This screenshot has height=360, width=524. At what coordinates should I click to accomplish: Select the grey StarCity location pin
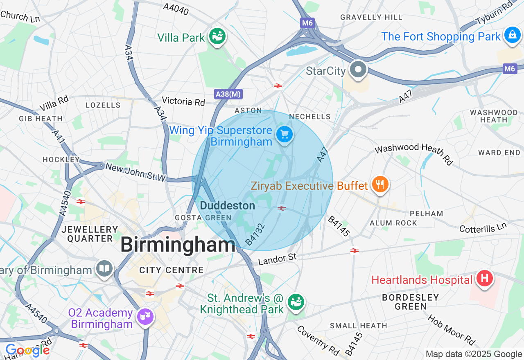[x=358, y=70]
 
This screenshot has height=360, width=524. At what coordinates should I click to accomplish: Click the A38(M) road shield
[x=228, y=94]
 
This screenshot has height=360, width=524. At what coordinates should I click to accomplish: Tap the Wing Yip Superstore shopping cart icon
[x=285, y=135]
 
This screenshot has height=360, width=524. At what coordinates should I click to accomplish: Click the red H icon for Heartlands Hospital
[x=485, y=279]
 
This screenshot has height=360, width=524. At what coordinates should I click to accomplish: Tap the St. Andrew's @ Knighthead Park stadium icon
[x=296, y=302]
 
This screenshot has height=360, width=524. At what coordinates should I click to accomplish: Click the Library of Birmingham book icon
[x=105, y=269]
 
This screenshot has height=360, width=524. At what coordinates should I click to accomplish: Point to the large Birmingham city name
[x=178, y=245]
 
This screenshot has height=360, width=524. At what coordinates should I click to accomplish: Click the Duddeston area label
[x=228, y=205]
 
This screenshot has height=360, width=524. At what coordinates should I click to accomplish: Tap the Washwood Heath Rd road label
[x=414, y=154]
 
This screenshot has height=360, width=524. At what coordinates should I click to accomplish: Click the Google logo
[x=27, y=350]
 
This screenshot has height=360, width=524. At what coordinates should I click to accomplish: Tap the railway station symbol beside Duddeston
[x=281, y=208]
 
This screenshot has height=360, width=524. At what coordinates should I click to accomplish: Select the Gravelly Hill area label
[x=371, y=17]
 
